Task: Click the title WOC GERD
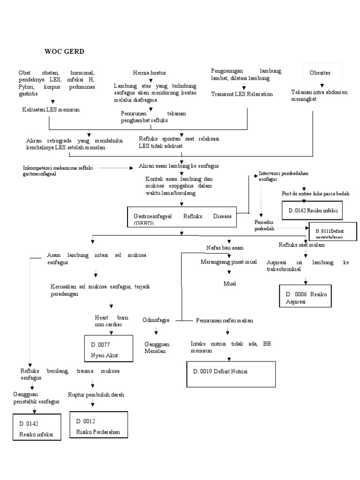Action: click(64, 51)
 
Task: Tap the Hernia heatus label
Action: click(149, 73)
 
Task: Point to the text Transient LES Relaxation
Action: click(241, 94)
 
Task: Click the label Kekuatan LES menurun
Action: click(52, 109)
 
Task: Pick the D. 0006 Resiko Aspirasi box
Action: click(309, 298)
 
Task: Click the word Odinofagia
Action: click(156, 320)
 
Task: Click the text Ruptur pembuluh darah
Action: click(96, 395)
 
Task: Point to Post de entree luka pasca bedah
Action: click(315, 193)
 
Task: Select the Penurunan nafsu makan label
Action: click(224, 321)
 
